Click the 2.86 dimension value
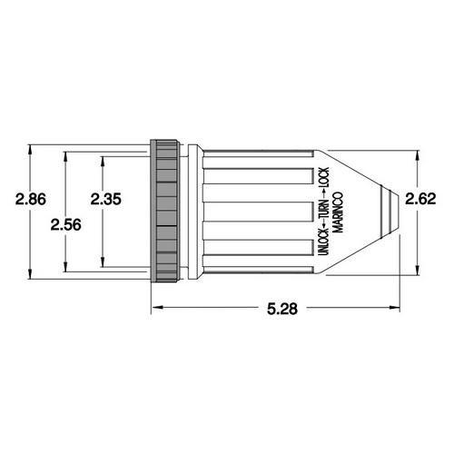tap(31, 200)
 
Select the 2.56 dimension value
tap(65, 225)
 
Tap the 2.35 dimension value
tap(106, 199)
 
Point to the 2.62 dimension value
tap(420, 199)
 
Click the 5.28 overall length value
tap(282, 309)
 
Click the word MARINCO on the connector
tap(338, 212)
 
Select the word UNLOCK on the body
tap(323, 242)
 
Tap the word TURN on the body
tap(323, 210)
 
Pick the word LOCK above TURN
tap(323, 178)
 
